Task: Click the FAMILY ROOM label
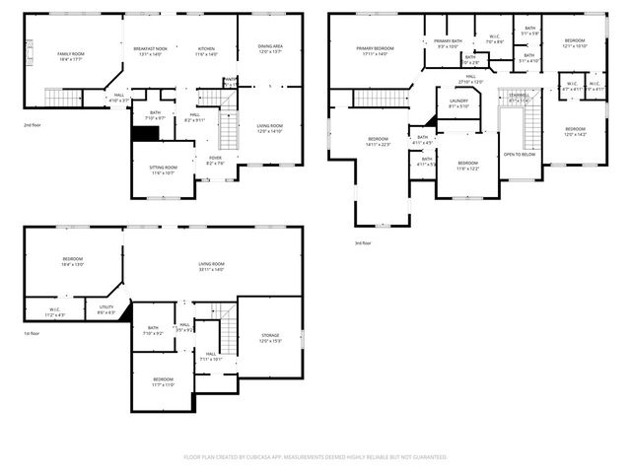(x=69, y=53)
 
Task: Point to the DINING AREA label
(x=271, y=45)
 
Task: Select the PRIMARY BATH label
(x=448, y=40)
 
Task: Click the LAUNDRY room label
(x=459, y=101)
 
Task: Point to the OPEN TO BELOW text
(x=520, y=155)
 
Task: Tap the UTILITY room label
(x=106, y=307)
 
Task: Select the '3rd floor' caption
(x=364, y=242)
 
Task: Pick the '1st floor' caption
(x=34, y=333)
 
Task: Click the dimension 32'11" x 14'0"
(x=211, y=269)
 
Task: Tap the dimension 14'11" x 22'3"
(x=379, y=144)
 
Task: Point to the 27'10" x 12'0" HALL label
(x=471, y=82)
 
